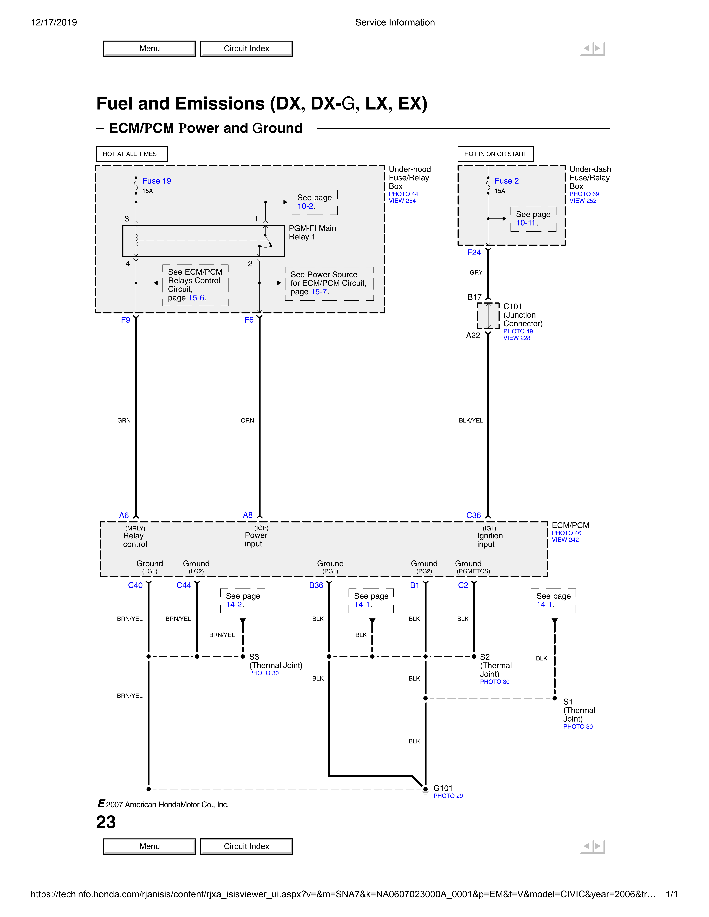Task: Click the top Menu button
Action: click(150, 48)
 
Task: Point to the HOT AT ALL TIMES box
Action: click(132, 154)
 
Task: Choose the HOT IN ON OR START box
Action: click(495, 154)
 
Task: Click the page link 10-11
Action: click(526, 223)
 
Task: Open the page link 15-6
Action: click(196, 298)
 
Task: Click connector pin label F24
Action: click(474, 252)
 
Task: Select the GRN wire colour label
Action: click(124, 420)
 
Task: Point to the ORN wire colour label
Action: click(247, 420)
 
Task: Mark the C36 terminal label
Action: click(473, 515)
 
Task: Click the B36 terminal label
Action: click(316, 585)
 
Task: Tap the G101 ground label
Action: click(443, 788)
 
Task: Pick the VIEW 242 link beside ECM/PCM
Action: click(565, 540)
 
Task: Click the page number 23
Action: click(106, 822)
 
